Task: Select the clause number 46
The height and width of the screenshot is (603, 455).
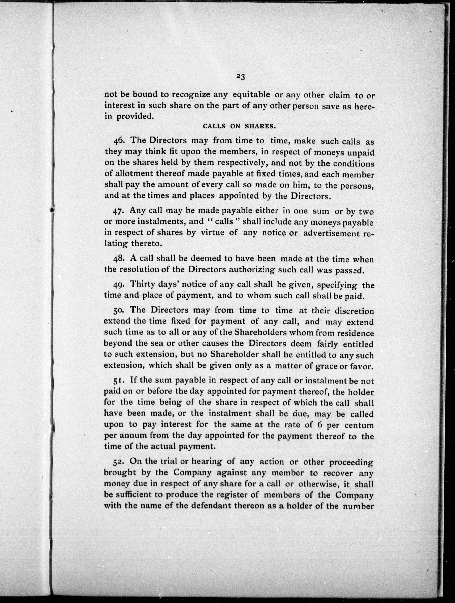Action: [119, 140]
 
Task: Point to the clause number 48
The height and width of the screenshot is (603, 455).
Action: [119, 258]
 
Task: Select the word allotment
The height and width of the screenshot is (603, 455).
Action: [133, 174]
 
